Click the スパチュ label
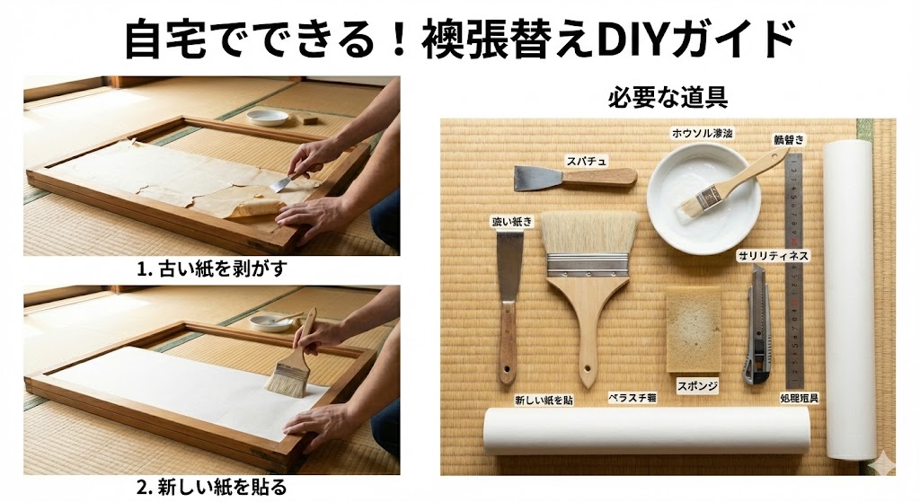click(x=586, y=161)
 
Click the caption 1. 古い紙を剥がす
click(x=211, y=269)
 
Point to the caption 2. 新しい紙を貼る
click(x=211, y=488)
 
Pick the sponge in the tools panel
click(x=693, y=330)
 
